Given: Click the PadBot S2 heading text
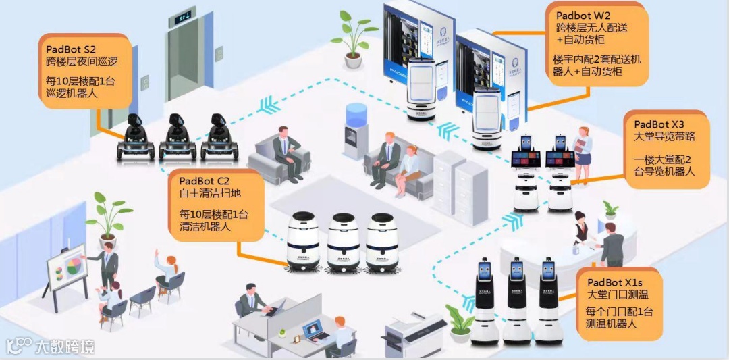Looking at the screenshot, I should [x=71, y=49].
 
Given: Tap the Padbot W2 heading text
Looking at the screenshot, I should [x=583, y=16].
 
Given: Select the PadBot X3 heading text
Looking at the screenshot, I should [x=659, y=124].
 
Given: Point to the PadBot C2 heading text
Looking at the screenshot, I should [x=205, y=181].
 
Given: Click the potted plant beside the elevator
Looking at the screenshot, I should [x=352, y=41].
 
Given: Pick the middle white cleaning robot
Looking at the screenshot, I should [x=343, y=242].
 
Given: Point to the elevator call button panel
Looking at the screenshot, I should [x=144, y=82].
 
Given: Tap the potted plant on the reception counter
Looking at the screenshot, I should [x=610, y=209].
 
